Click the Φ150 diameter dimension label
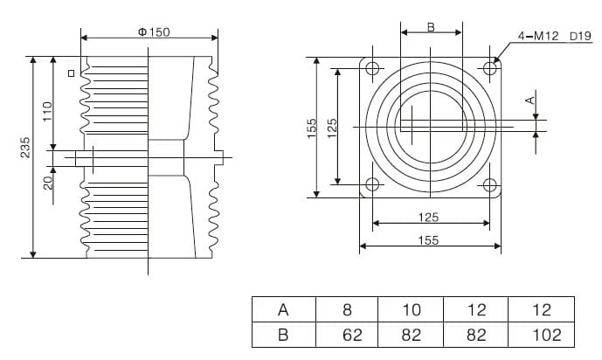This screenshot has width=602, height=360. (154, 31)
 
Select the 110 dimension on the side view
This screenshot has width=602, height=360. (48, 110)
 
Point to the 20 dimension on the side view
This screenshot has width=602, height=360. (48, 181)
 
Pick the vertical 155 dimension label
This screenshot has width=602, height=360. (312, 127)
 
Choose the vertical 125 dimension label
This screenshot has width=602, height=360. (332, 127)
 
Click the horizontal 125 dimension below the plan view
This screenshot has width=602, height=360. (428, 217)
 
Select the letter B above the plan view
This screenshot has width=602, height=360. (431, 27)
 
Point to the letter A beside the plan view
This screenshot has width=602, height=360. (529, 100)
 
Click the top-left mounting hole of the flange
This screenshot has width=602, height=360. (372, 68)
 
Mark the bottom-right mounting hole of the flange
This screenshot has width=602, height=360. (489, 184)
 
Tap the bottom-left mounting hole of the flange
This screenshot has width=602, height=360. (372, 184)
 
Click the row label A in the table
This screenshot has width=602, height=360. (283, 309)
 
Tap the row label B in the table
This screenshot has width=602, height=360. (283, 335)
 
